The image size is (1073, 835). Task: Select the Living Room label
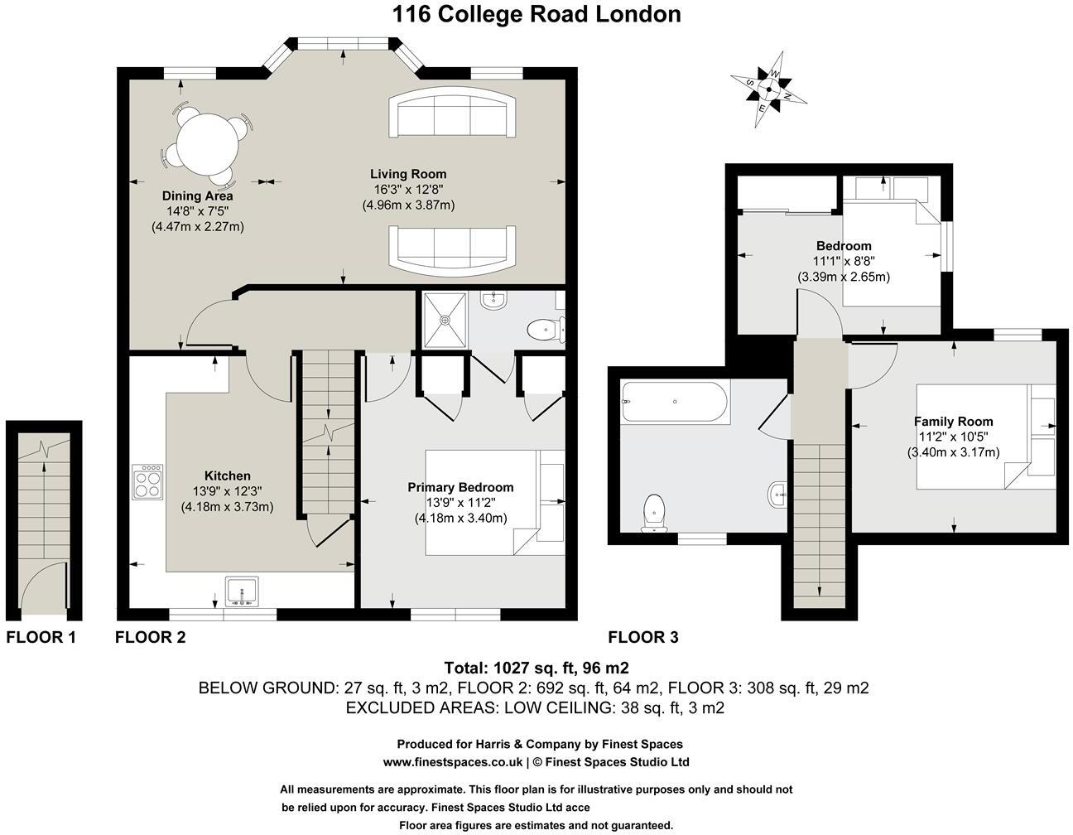pyautogui.click(x=408, y=174)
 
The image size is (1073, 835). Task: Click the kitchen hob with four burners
pyautogui.click(x=147, y=481)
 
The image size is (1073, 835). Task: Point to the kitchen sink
pyautogui.click(x=242, y=591)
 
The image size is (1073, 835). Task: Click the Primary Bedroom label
pyautogui.click(x=460, y=487)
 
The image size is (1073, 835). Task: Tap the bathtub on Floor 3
pyautogui.click(x=675, y=403)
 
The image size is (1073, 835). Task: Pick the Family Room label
pyautogui.click(x=953, y=421)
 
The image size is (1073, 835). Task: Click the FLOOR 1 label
pyautogui.click(x=41, y=637)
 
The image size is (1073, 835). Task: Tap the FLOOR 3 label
pyautogui.click(x=643, y=637)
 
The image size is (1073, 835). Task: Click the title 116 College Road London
pyautogui.click(x=536, y=14)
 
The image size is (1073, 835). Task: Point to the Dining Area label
pyautogui.click(x=198, y=196)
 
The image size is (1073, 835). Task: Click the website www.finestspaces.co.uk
pyautogui.click(x=452, y=762)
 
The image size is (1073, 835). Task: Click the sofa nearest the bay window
pyautogui.click(x=451, y=115)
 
